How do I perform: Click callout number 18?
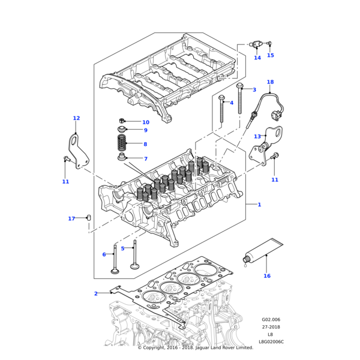click(270, 82)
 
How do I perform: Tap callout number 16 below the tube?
click(267, 276)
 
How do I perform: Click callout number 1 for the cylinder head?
click(259, 205)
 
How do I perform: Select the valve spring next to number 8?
click(122, 144)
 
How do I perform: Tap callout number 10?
click(146, 122)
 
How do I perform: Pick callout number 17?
click(71, 218)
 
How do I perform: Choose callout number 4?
click(231, 103)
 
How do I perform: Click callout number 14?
click(257, 58)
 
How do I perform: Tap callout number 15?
click(270, 55)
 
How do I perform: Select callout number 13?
click(257, 136)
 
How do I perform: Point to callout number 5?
click(122, 248)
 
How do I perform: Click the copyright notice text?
click(196, 347)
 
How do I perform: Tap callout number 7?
click(145, 159)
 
